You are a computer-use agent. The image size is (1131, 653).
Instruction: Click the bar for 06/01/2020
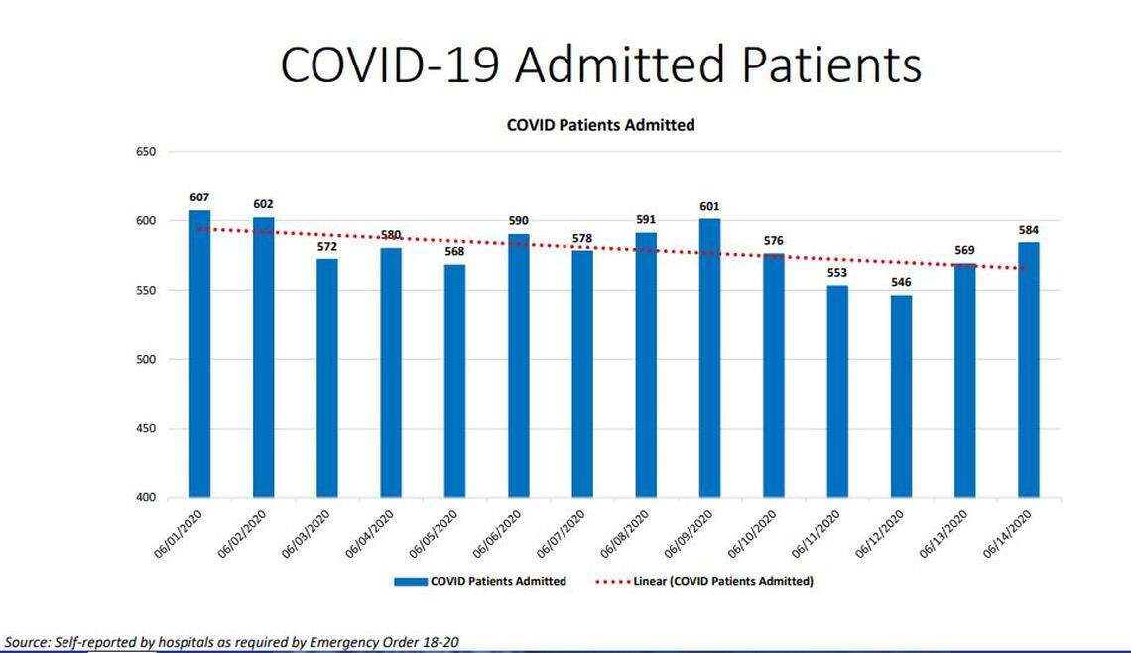(200, 353)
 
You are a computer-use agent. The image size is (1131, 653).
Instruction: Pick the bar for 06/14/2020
(1028, 369)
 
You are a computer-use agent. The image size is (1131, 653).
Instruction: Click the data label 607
(200, 197)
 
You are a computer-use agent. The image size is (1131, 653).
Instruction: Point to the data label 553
(836, 273)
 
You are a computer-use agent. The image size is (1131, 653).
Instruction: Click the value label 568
(454, 251)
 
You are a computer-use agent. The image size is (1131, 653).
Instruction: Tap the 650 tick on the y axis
(146, 152)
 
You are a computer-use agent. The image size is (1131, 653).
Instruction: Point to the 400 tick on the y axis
(146, 497)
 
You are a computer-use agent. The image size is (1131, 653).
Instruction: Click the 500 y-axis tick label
(146, 359)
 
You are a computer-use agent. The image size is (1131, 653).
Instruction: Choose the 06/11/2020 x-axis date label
(819, 534)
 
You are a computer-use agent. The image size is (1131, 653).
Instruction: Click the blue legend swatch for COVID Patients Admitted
(410, 581)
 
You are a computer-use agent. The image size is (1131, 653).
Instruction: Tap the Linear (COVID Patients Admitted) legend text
(723, 581)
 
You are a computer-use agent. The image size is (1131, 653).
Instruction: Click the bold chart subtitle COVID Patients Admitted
(600, 125)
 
